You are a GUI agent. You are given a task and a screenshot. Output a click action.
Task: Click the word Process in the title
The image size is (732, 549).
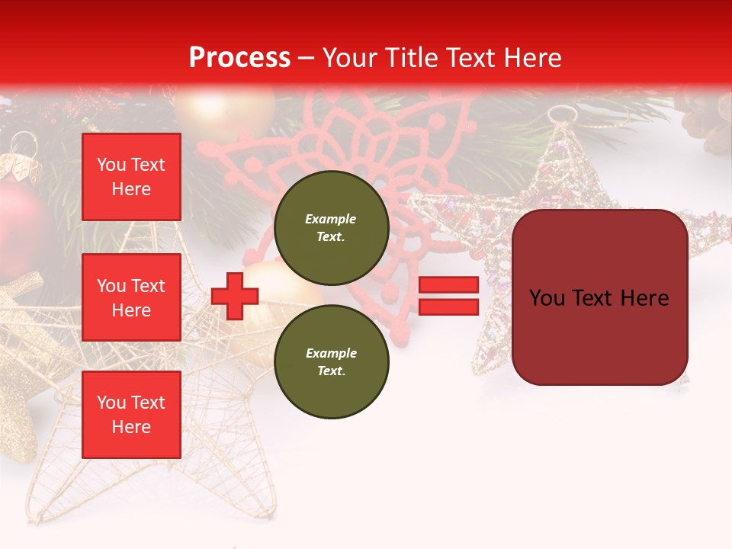pyautogui.click(x=239, y=58)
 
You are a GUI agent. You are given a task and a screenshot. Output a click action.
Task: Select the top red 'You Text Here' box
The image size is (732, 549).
pyautogui.click(x=131, y=177)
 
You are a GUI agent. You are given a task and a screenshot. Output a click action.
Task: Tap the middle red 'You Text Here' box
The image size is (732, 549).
pyautogui.click(x=131, y=297)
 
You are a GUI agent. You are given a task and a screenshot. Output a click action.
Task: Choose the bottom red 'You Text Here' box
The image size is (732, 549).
pyautogui.click(x=131, y=415)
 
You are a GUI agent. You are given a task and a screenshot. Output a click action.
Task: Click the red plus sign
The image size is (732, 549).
pyautogui.click(x=235, y=296)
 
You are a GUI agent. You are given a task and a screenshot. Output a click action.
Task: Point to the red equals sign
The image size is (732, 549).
pyautogui.click(x=449, y=296)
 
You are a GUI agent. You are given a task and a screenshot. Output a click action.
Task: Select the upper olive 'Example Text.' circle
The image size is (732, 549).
pyautogui.click(x=332, y=227)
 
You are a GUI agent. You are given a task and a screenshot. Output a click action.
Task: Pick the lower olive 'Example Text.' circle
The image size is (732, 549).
pyautogui.click(x=332, y=361)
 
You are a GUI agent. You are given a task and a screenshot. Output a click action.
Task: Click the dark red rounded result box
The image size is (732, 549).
pyautogui.click(x=600, y=297)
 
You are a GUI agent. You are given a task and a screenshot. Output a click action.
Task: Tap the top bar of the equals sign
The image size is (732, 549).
pyautogui.click(x=449, y=285)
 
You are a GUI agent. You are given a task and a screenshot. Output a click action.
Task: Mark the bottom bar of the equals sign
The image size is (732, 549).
pyautogui.click(x=449, y=307)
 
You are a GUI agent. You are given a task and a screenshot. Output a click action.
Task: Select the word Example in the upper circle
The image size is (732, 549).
pyautogui.click(x=331, y=219)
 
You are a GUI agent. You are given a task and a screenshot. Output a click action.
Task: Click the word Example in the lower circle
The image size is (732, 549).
pyautogui.click(x=331, y=353)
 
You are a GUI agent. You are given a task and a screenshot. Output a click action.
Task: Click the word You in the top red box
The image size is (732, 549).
pyautogui.click(x=111, y=165)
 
